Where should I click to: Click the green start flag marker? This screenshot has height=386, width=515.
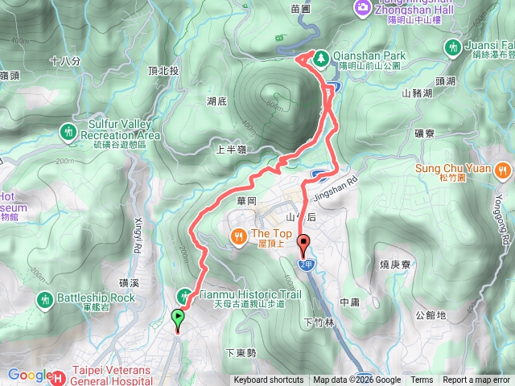(177, 318)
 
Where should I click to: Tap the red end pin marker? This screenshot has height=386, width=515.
(303, 242)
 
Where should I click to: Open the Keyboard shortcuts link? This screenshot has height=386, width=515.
(269, 380)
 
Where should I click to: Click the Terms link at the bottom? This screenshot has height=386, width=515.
(422, 380)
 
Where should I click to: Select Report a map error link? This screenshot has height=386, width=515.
(477, 380)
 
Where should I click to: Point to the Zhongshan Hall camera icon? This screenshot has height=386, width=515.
(361, 8)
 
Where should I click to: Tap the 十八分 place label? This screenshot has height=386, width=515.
(65, 60)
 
